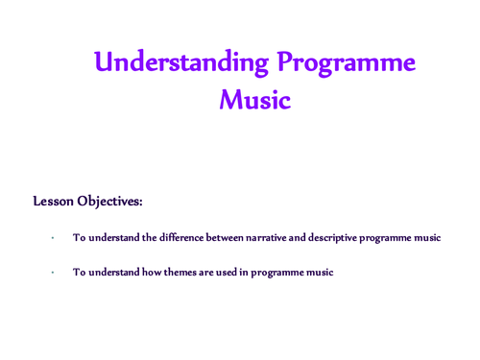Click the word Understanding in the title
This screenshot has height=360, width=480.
[x=181, y=63]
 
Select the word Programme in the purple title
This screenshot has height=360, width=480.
[x=346, y=63]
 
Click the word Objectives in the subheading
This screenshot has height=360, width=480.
[x=116, y=202]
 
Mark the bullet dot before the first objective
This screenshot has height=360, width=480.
[x=54, y=238]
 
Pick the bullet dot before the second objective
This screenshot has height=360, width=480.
[x=54, y=273]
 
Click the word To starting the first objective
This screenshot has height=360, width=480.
[x=79, y=238]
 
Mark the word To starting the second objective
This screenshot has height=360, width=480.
[x=79, y=273]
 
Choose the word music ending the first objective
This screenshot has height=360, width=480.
[x=425, y=238]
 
